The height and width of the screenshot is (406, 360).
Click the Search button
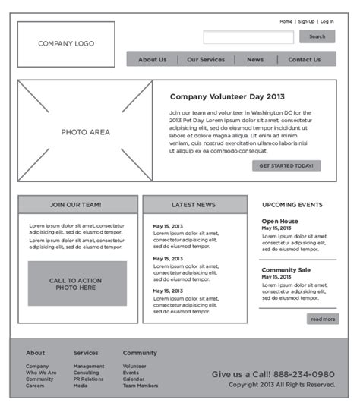coord(317,36)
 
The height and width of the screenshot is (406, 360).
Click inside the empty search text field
coord(248,37)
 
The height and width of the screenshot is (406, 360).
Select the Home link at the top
coord(286,22)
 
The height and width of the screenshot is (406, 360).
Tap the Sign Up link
coord(306,22)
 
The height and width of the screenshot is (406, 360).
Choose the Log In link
coord(327,22)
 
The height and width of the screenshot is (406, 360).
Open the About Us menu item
coord(152,59)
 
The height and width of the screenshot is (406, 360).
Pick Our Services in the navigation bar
coord(206,59)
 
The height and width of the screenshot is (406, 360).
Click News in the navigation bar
coord(255,59)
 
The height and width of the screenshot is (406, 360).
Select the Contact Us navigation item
coord(304,59)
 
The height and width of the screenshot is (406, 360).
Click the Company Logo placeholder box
coord(66,44)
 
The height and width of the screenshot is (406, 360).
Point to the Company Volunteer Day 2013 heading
coord(227,96)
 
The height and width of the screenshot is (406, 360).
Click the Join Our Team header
coord(77,205)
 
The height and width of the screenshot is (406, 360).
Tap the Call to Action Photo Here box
coord(77,284)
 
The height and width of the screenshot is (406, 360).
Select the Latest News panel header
coord(194,205)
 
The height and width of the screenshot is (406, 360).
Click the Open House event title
coord(279,222)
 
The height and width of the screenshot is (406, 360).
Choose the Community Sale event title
coord(286,270)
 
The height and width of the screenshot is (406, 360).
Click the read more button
coord(323,319)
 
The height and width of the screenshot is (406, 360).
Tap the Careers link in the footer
coord(35,386)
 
